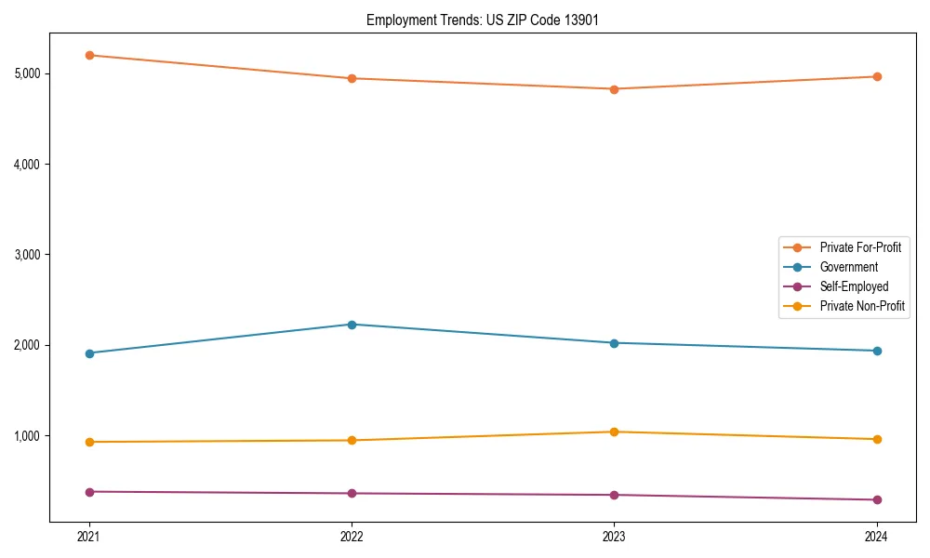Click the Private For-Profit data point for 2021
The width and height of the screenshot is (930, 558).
89,55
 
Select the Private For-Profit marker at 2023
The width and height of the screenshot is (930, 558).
614,89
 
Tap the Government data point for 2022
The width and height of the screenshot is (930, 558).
352,325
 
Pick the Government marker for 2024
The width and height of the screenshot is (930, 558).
876,351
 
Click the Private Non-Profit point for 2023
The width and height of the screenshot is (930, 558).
614,432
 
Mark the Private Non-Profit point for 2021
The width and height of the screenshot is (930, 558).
89,442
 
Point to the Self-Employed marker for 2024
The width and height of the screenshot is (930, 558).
876,499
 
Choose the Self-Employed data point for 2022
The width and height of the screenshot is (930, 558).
352,493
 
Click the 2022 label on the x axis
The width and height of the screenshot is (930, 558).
352,537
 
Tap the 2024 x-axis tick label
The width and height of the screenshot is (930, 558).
876,537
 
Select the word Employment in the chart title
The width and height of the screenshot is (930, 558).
396,20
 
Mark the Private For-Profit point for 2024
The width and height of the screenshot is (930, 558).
876,76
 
